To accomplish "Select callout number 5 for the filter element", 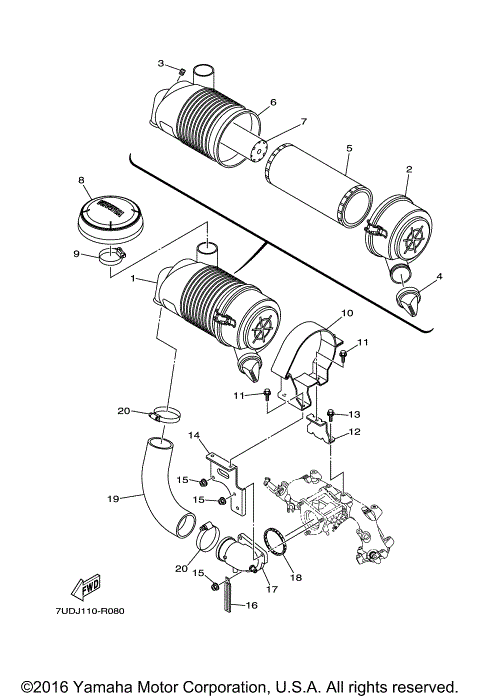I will [348, 148].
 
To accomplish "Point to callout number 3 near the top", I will [160, 63].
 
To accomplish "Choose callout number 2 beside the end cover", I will [408, 170].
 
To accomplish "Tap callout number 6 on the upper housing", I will [272, 103].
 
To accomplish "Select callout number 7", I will [277, 123].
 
